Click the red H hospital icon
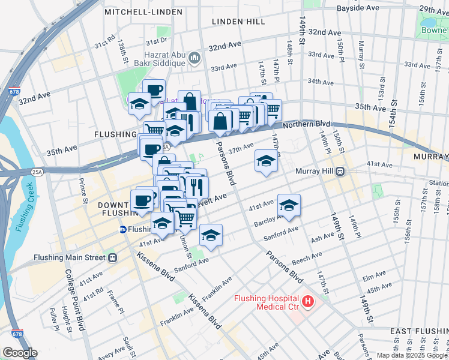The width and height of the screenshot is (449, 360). point(308,301)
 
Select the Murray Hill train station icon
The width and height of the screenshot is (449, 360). point(339,171)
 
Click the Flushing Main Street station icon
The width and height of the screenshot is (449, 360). point(112,257)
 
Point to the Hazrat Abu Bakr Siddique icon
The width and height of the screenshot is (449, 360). point(194,58)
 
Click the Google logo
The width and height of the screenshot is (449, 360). point(20,353)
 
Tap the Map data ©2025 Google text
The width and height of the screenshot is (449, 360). point(412,355)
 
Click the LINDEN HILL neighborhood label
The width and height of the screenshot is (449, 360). point(238,22)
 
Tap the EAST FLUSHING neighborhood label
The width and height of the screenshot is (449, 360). point(417,331)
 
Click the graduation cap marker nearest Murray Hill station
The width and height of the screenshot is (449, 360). point(266,161)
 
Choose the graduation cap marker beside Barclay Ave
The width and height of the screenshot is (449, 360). point(289,205)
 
